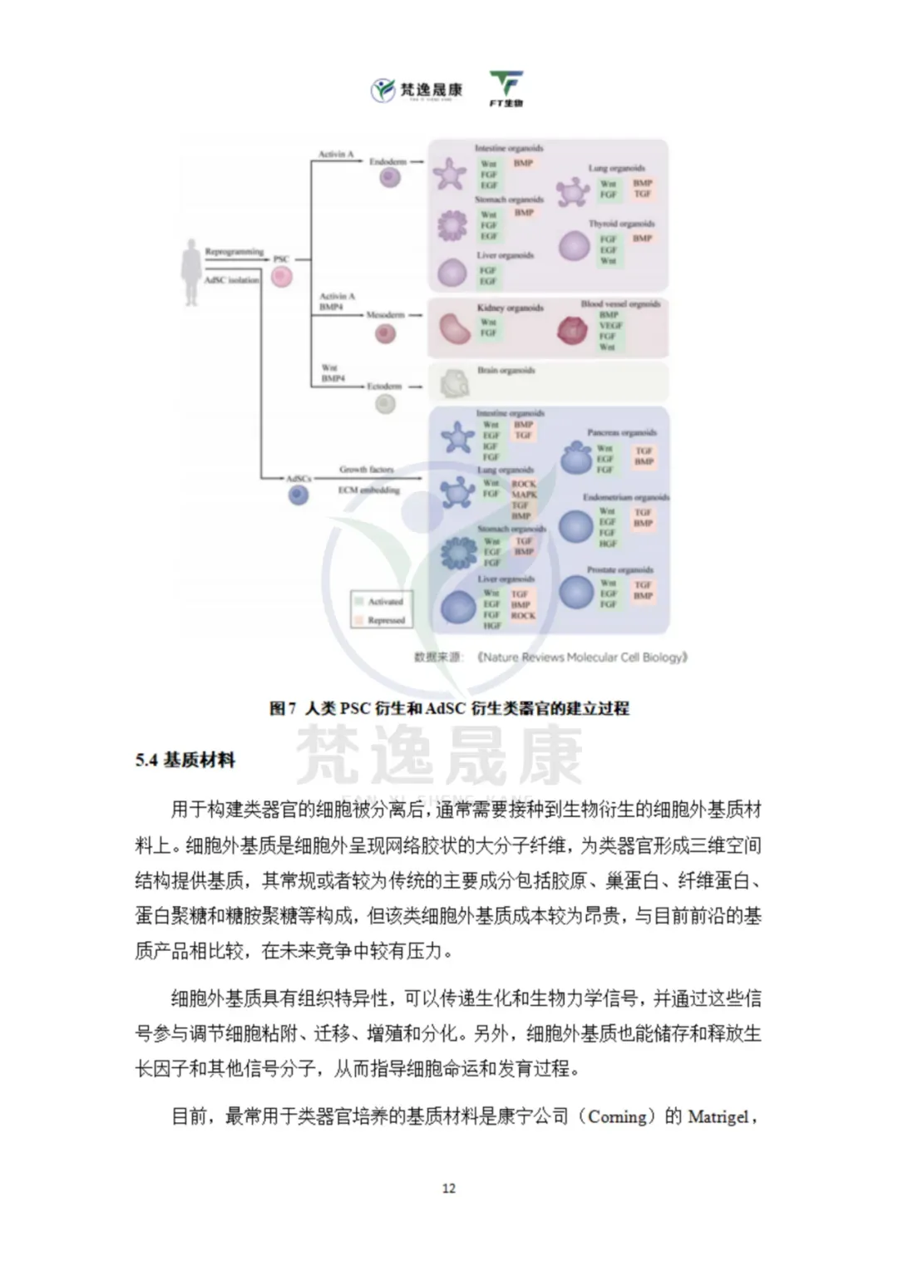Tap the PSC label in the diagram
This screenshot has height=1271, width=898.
pyautogui.click(x=281, y=259)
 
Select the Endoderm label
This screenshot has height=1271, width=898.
pyautogui.click(x=387, y=161)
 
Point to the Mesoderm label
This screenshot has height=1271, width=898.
pyautogui.click(x=385, y=315)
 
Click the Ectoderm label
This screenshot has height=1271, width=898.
pyautogui.click(x=384, y=387)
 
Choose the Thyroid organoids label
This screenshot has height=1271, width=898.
pyautogui.click(x=621, y=224)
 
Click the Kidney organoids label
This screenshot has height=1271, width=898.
pyautogui.click(x=510, y=308)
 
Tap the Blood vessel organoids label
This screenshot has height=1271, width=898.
pyautogui.click(x=620, y=304)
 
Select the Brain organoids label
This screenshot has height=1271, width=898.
pyautogui.click(x=506, y=371)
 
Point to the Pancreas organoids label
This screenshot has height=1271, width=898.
pyautogui.click(x=622, y=433)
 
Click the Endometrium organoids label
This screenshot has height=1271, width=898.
pyautogui.click(x=625, y=497)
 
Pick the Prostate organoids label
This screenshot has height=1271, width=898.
pyautogui.click(x=620, y=570)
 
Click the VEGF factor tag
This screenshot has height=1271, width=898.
pyautogui.click(x=610, y=326)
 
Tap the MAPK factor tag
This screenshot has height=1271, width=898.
pyautogui.click(x=524, y=495)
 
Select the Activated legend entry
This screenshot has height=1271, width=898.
pyautogui.click(x=385, y=601)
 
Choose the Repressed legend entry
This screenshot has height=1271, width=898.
pyautogui.click(x=386, y=620)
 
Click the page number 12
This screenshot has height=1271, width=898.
pyautogui.click(x=449, y=1189)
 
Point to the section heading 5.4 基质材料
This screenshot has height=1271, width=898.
pyautogui.click(x=185, y=760)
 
